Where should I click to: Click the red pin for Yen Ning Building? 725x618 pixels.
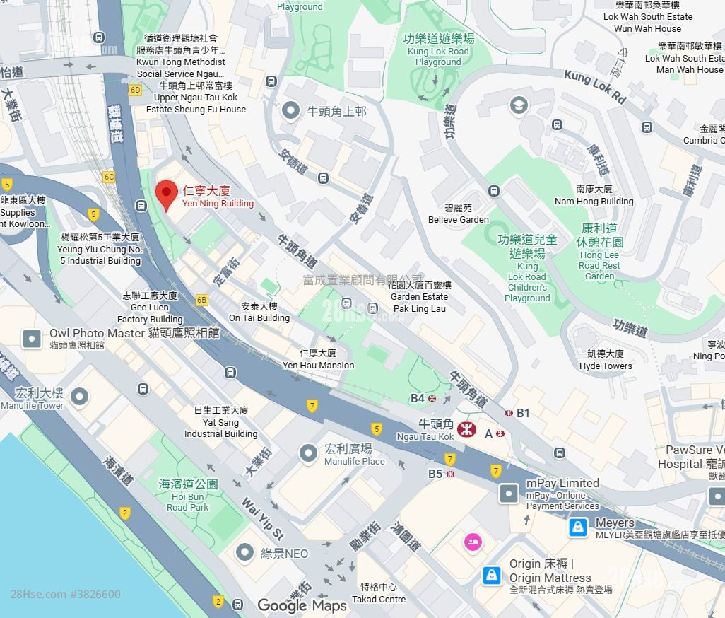[x=165, y=193]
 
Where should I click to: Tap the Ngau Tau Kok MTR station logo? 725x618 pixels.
[x=466, y=428]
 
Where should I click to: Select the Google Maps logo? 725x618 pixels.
[x=302, y=605]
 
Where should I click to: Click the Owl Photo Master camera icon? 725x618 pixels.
[x=32, y=338]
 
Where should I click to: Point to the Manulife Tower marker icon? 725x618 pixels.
[x=80, y=397]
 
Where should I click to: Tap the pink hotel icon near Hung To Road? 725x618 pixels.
[x=473, y=542]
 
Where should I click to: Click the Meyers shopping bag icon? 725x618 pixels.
[x=578, y=527]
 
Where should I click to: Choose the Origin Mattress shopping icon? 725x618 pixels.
[x=491, y=575]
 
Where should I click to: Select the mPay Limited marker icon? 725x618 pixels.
[x=509, y=493]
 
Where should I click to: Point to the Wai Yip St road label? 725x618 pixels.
[x=262, y=518]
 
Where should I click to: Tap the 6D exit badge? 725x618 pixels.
[x=135, y=91]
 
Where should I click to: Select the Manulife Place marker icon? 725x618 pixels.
[x=308, y=453]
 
